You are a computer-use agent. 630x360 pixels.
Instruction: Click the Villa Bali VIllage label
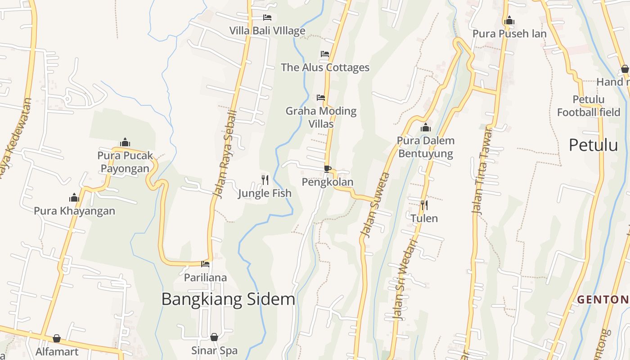coord(267,31)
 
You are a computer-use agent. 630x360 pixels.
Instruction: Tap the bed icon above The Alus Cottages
coord(325,54)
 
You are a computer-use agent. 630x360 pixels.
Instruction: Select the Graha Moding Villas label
coord(321,117)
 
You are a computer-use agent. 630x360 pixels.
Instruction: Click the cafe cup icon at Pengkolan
coord(328,169)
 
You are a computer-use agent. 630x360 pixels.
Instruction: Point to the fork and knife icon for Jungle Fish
coord(265,180)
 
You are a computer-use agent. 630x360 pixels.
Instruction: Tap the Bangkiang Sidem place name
coord(228,299)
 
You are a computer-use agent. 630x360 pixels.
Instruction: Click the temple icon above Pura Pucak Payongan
coord(125,143)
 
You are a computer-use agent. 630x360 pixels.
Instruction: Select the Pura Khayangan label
coord(74,211)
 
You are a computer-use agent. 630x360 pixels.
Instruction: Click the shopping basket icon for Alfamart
coord(57,338)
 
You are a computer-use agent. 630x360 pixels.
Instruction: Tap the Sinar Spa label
coord(214,351)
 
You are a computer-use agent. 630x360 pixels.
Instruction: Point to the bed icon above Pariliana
coord(205,264)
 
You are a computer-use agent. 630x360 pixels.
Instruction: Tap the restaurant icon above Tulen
coord(424,205)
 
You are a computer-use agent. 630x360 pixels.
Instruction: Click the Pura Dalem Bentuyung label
coord(425,147)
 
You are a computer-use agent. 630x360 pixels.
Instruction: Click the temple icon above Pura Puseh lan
coord(509,20)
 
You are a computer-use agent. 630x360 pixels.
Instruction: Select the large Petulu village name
coord(593,145)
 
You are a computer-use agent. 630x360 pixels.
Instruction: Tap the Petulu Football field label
coord(589,106)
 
